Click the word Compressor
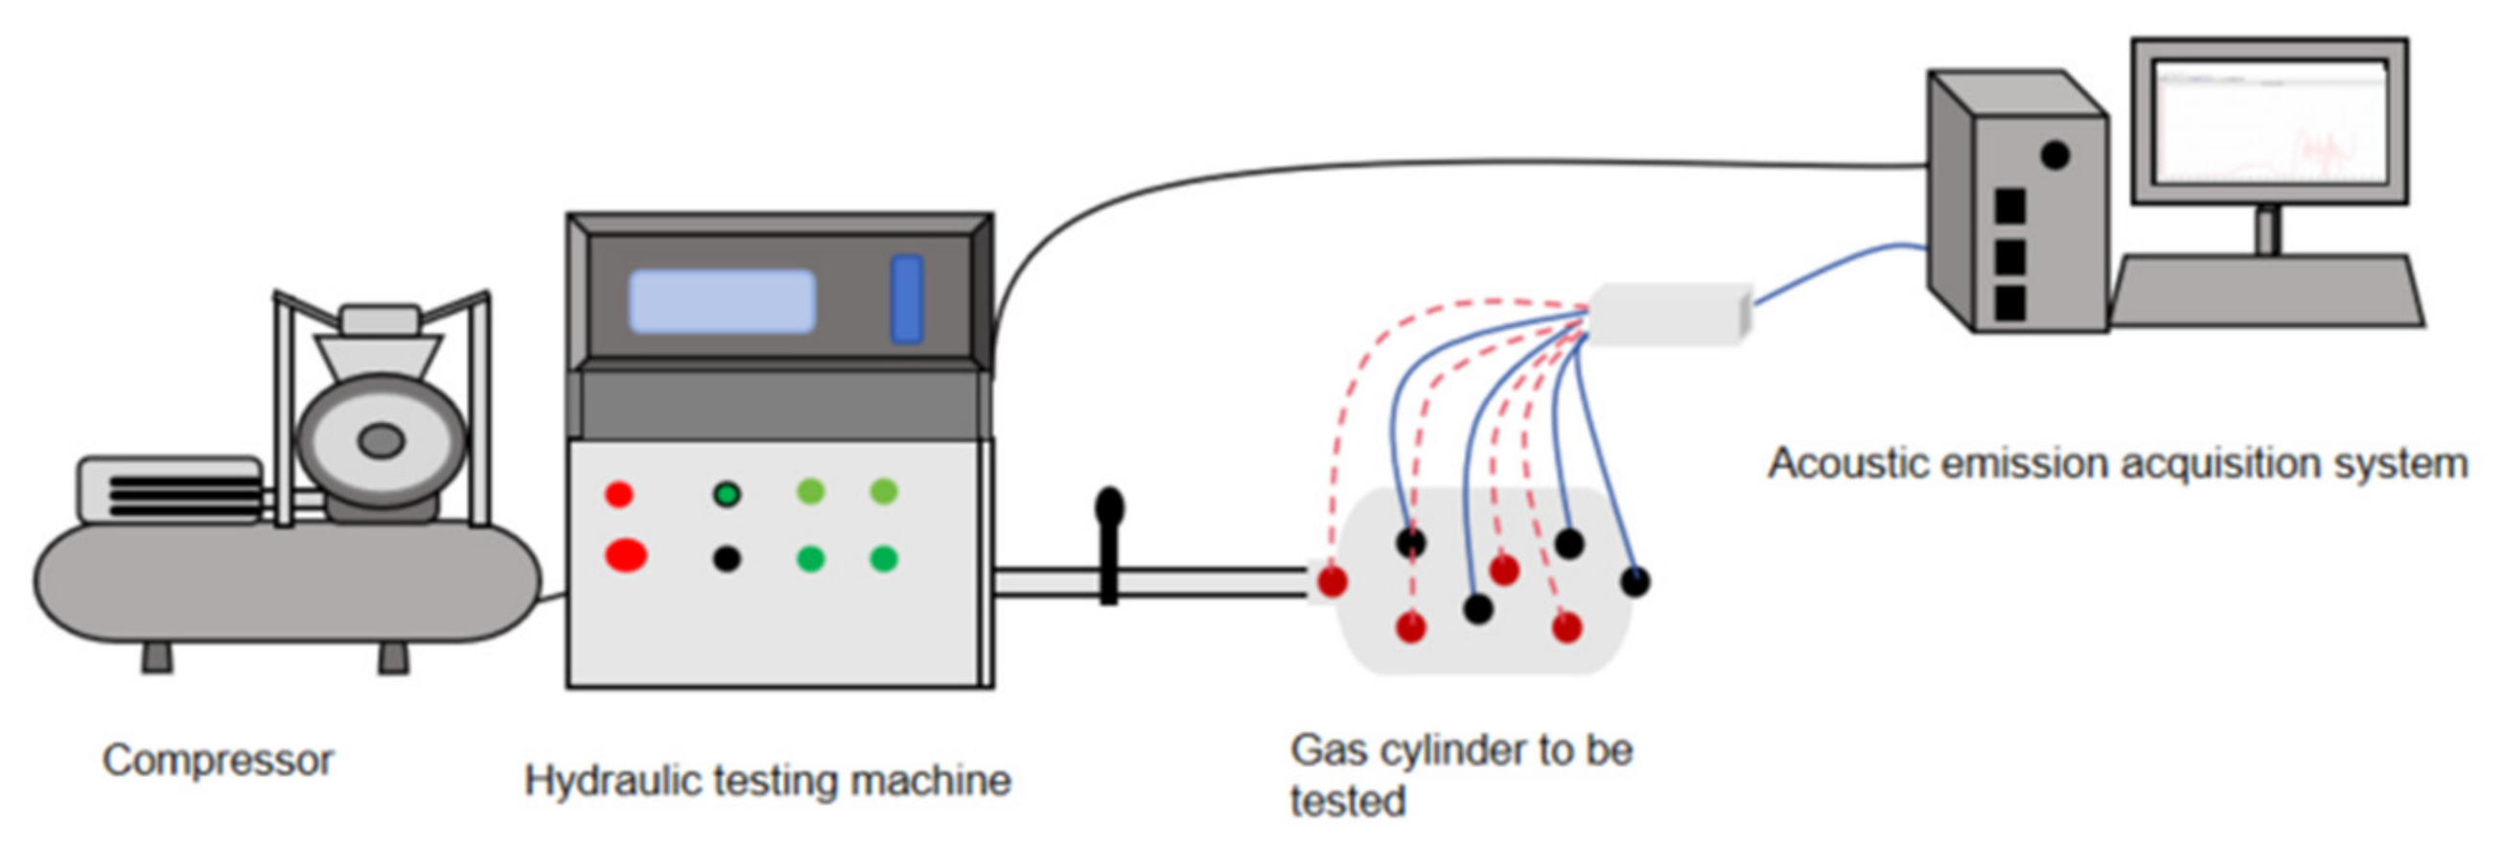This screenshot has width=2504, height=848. (218, 761)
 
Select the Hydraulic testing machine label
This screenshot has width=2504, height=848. (768, 781)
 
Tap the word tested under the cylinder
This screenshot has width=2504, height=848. (1348, 801)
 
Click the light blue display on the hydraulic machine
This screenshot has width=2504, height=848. (722, 301)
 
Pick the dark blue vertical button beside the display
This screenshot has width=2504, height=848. (907, 298)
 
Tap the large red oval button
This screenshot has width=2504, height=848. (626, 555)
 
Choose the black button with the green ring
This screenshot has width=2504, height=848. (726, 494)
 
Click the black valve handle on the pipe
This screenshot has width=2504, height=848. (1109, 545)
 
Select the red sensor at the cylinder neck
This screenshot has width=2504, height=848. (1332, 581)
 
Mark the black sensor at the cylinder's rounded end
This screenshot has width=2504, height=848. (1635, 581)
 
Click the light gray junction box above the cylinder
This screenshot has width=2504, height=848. (1670, 313)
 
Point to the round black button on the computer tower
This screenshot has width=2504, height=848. (2054, 154)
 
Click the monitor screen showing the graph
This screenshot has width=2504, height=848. (2271, 122)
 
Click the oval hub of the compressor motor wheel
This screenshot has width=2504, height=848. (381, 440)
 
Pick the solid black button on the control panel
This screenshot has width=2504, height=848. (726, 558)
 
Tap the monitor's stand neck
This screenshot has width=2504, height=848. (2267, 230)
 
